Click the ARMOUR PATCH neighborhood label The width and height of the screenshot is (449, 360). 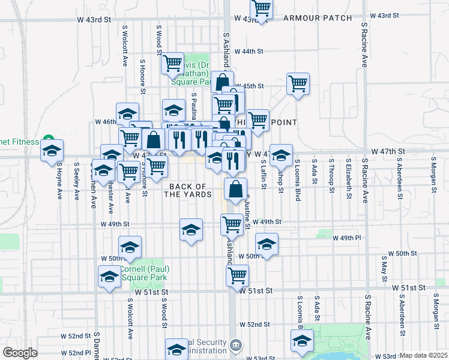pyautogui.click(x=318, y=18)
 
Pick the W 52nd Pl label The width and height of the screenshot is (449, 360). pyautogui.click(x=79, y=353)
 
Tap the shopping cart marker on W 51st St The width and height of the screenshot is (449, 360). pyautogui.click(x=237, y=276)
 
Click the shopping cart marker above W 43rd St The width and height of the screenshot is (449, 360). pyautogui.click(x=261, y=9)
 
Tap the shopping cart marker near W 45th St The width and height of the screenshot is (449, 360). pyautogui.click(x=298, y=83)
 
